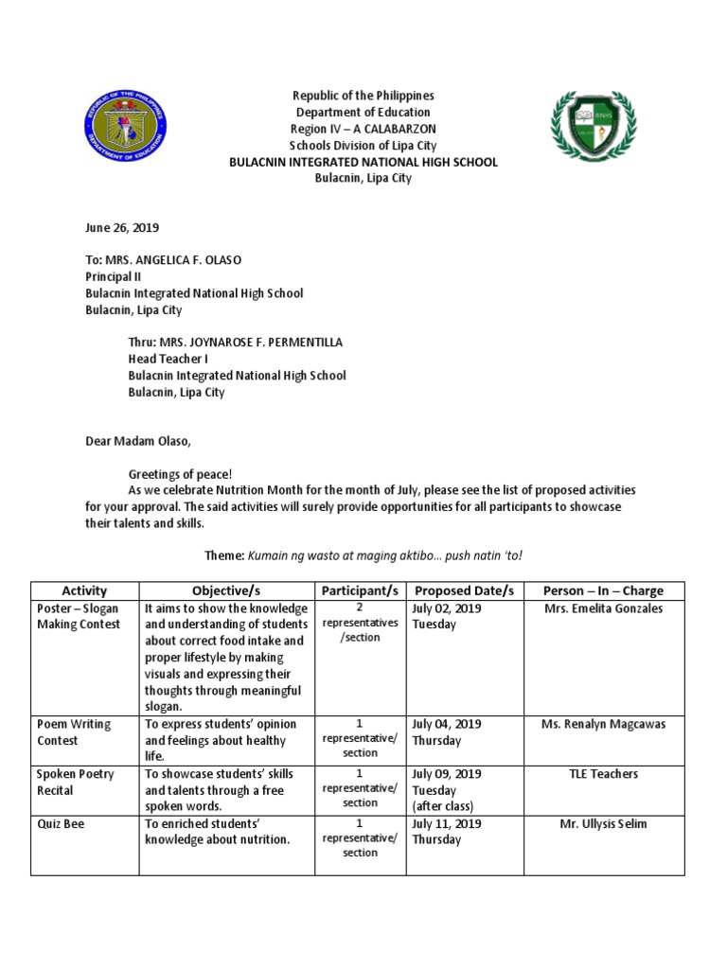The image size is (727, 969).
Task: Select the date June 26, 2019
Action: pos(122,227)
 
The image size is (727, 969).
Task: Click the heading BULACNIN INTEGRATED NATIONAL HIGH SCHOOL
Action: pos(363,162)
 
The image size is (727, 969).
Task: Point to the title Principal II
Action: pos(113,276)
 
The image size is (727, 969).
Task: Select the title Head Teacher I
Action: pos(168,359)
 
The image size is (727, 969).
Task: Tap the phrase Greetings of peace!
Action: pos(180,473)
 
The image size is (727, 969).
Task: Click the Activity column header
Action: pos(84,590)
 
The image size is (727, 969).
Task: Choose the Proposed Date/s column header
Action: pos(464,590)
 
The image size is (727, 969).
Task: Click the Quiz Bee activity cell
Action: pos(62,824)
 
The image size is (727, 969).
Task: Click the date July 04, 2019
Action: pos(446,724)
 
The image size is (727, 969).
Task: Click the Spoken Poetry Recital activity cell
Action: pos(76,782)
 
